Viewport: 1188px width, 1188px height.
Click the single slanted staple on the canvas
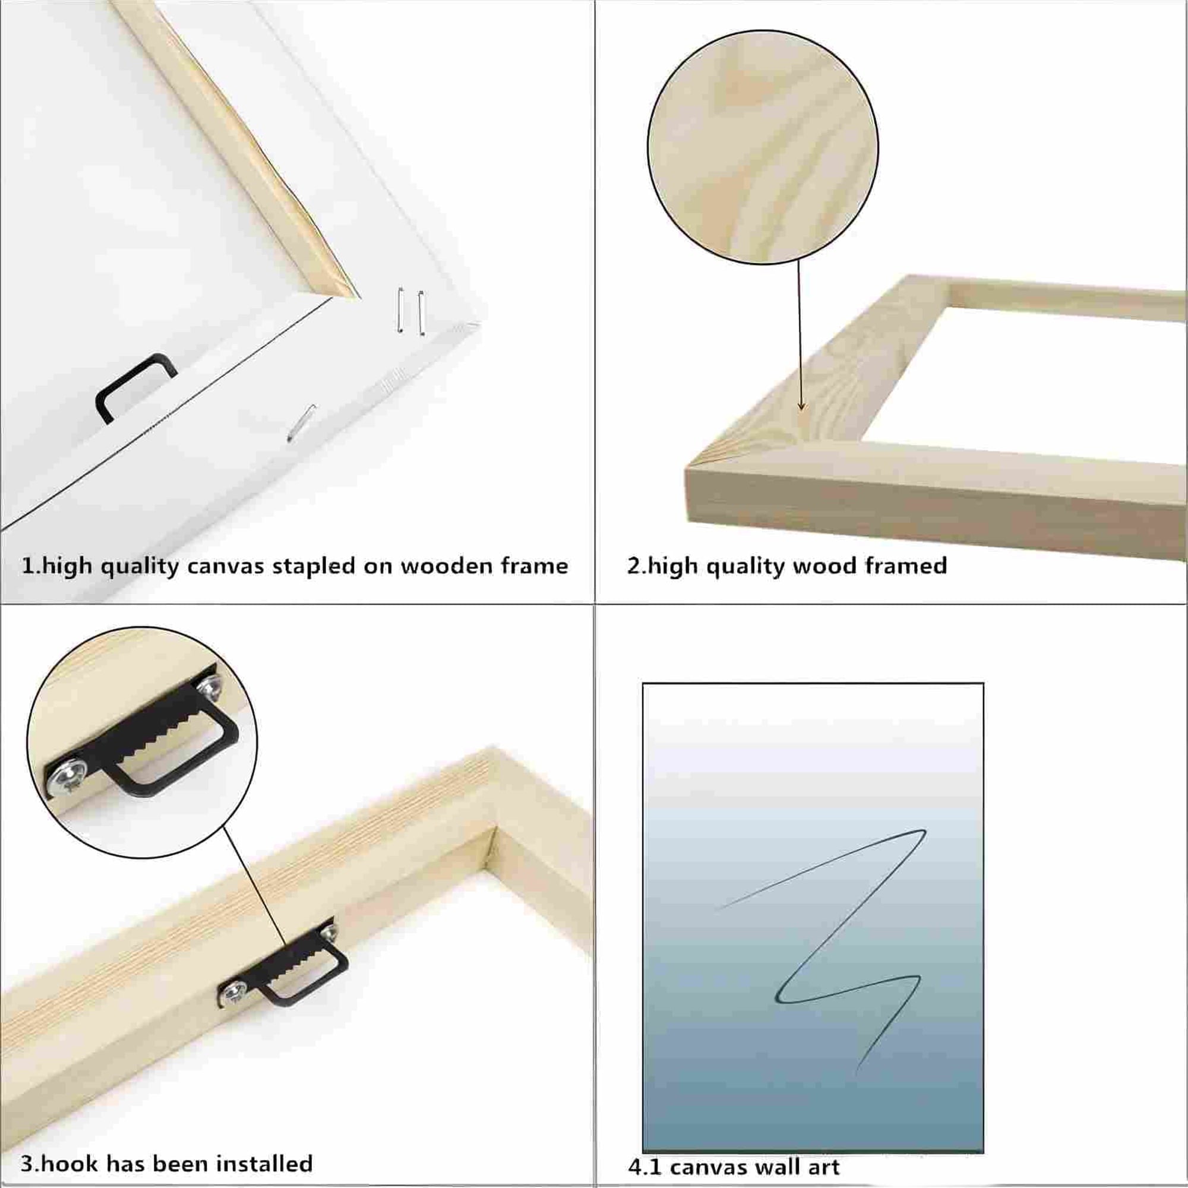click(x=301, y=422)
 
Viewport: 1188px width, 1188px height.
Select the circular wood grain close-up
click(x=763, y=149)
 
